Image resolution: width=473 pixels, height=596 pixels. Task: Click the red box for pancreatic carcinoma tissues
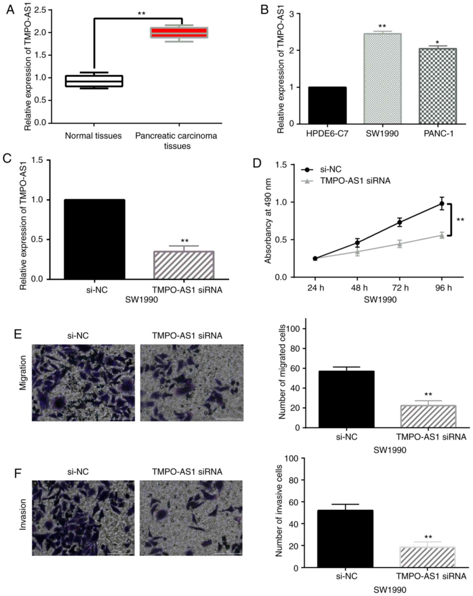[x=179, y=33]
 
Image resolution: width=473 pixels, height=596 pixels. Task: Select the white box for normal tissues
[x=94, y=81]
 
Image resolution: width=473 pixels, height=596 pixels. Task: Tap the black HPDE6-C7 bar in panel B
[x=327, y=105]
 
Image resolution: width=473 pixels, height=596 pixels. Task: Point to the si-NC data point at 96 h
[x=442, y=204]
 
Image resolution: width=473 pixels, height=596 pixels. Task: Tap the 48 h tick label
[x=359, y=288]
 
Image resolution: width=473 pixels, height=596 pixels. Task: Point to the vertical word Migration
[x=23, y=373]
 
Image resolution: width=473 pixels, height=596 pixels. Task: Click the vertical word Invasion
[x=23, y=514]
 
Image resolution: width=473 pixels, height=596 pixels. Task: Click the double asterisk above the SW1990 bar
[x=382, y=26]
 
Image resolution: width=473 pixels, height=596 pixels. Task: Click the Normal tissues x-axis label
[x=93, y=136]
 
